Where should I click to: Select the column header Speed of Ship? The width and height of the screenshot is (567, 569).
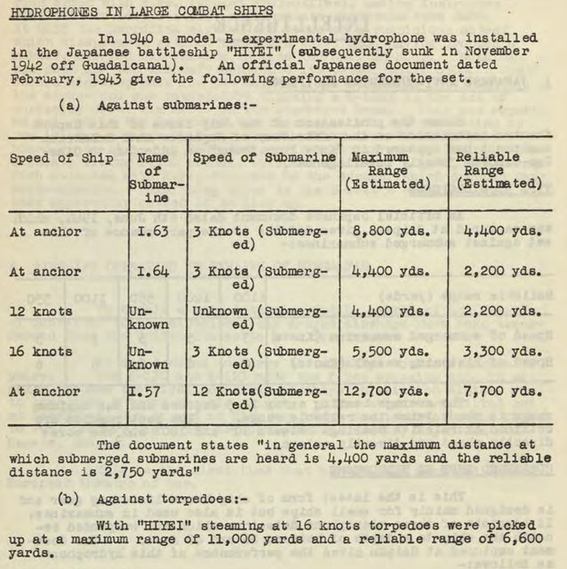[61, 157]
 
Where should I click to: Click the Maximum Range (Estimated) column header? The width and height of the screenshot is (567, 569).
[387, 171]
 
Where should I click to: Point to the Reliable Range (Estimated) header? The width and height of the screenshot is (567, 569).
[499, 171]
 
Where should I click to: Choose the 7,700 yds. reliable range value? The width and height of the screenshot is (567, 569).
[502, 390]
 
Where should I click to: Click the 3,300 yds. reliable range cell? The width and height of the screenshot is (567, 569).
[502, 351]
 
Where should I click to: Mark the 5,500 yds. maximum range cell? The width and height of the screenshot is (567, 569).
[392, 351]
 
